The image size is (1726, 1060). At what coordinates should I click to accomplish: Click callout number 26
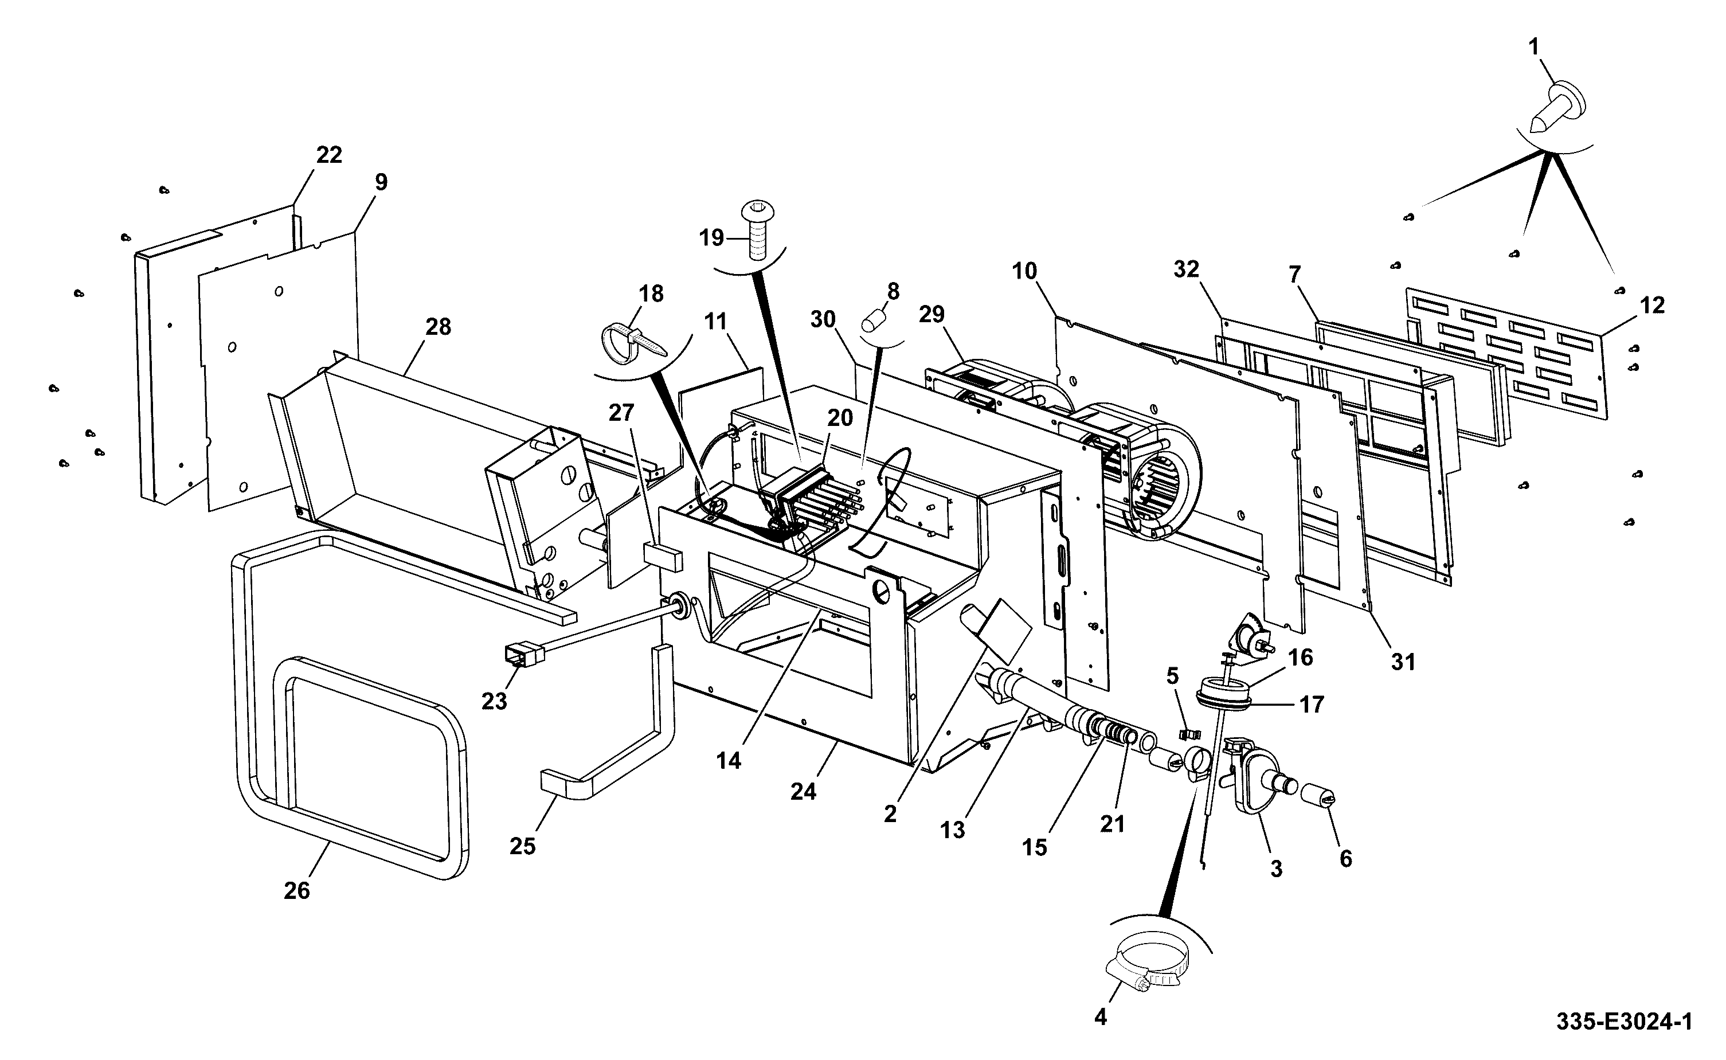(x=296, y=890)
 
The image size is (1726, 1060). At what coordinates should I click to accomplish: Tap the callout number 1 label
(x=1534, y=48)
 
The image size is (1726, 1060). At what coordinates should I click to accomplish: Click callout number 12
(x=1651, y=305)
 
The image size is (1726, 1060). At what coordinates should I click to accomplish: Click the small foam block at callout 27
(x=662, y=556)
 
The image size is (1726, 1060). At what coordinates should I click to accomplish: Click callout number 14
(x=729, y=760)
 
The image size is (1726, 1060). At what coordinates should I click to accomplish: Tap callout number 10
(x=1024, y=271)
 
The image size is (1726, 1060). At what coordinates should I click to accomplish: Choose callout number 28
(x=438, y=327)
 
